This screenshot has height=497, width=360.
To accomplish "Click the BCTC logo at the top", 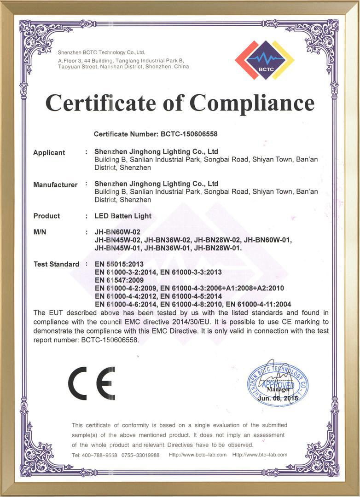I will point(264,60).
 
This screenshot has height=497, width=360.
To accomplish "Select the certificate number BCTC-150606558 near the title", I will point(189,134).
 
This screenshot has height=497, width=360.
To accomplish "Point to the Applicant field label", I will point(49,153).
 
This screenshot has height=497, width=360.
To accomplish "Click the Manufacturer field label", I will point(55,185).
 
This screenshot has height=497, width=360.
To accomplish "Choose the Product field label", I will point(46,216).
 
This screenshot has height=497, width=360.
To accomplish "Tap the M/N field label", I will point(40,232).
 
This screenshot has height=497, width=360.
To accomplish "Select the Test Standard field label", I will point(56,264).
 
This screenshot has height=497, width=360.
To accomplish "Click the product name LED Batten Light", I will point(123,216).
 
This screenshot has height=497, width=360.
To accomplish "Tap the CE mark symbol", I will point(92,383).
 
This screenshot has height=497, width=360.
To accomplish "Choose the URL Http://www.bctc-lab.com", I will point(198,455).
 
